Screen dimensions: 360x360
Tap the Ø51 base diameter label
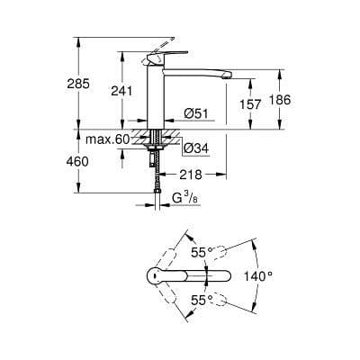(x=197, y=112)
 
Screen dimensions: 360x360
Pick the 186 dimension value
(x=280, y=100)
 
